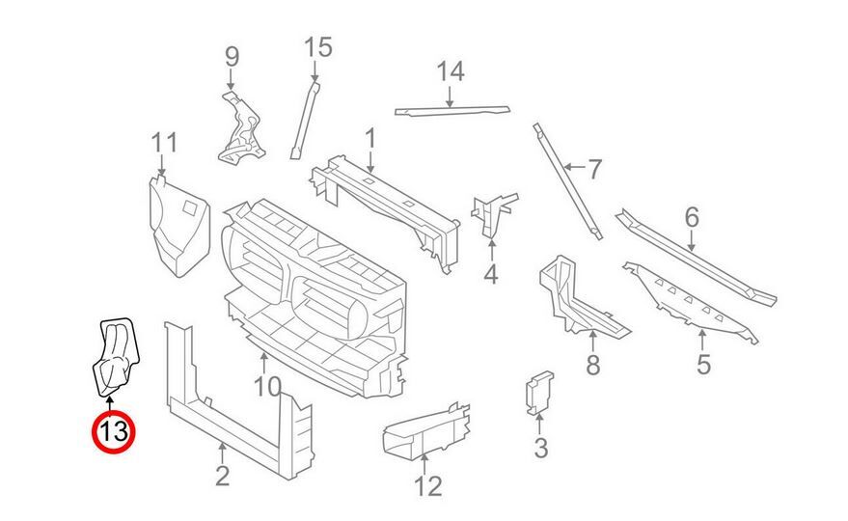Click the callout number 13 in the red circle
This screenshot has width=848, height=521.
[112, 431]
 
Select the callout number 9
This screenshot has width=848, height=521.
[232, 57]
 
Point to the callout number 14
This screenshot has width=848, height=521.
[451, 70]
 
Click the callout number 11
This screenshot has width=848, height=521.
[165, 143]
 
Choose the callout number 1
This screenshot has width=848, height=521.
[369, 139]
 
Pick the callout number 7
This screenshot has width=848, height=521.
[594, 170]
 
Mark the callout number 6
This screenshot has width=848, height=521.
[691, 219]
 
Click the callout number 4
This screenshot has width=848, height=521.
[491, 276]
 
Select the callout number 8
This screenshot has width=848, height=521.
[592, 365]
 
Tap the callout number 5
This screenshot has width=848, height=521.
[702, 365]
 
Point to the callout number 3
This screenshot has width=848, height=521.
[540, 448]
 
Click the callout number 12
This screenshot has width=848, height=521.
[427, 484]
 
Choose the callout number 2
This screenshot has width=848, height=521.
[222, 475]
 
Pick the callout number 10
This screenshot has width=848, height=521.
[267, 388]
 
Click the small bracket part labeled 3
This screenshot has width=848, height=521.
[536, 393]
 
